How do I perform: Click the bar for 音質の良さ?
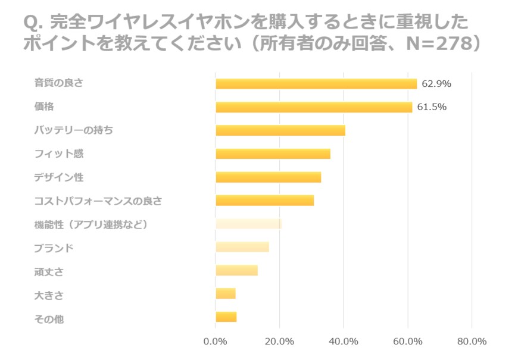(x=316, y=84)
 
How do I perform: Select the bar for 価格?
(x=314, y=107)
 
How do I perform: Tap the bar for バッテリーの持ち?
(x=280, y=130)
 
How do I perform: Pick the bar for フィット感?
(x=273, y=154)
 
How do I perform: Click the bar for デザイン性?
(x=268, y=177)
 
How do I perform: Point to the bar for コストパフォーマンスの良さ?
(x=264, y=201)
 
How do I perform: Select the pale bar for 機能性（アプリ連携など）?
(x=248, y=224)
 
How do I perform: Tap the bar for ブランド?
(x=242, y=247)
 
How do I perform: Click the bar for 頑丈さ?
(x=236, y=270)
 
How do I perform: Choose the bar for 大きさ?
(x=226, y=293)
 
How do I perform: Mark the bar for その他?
(x=226, y=317)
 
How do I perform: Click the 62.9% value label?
(x=436, y=84)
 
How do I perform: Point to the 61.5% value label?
(x=432, y=107)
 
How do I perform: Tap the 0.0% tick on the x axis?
(x=215, y=342)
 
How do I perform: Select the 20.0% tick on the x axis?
(x=279, y=342)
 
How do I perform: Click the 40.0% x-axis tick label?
(x=344, y=342)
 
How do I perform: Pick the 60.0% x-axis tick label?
(x=407, y=342)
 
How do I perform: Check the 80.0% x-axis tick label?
(x=472, y=342)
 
